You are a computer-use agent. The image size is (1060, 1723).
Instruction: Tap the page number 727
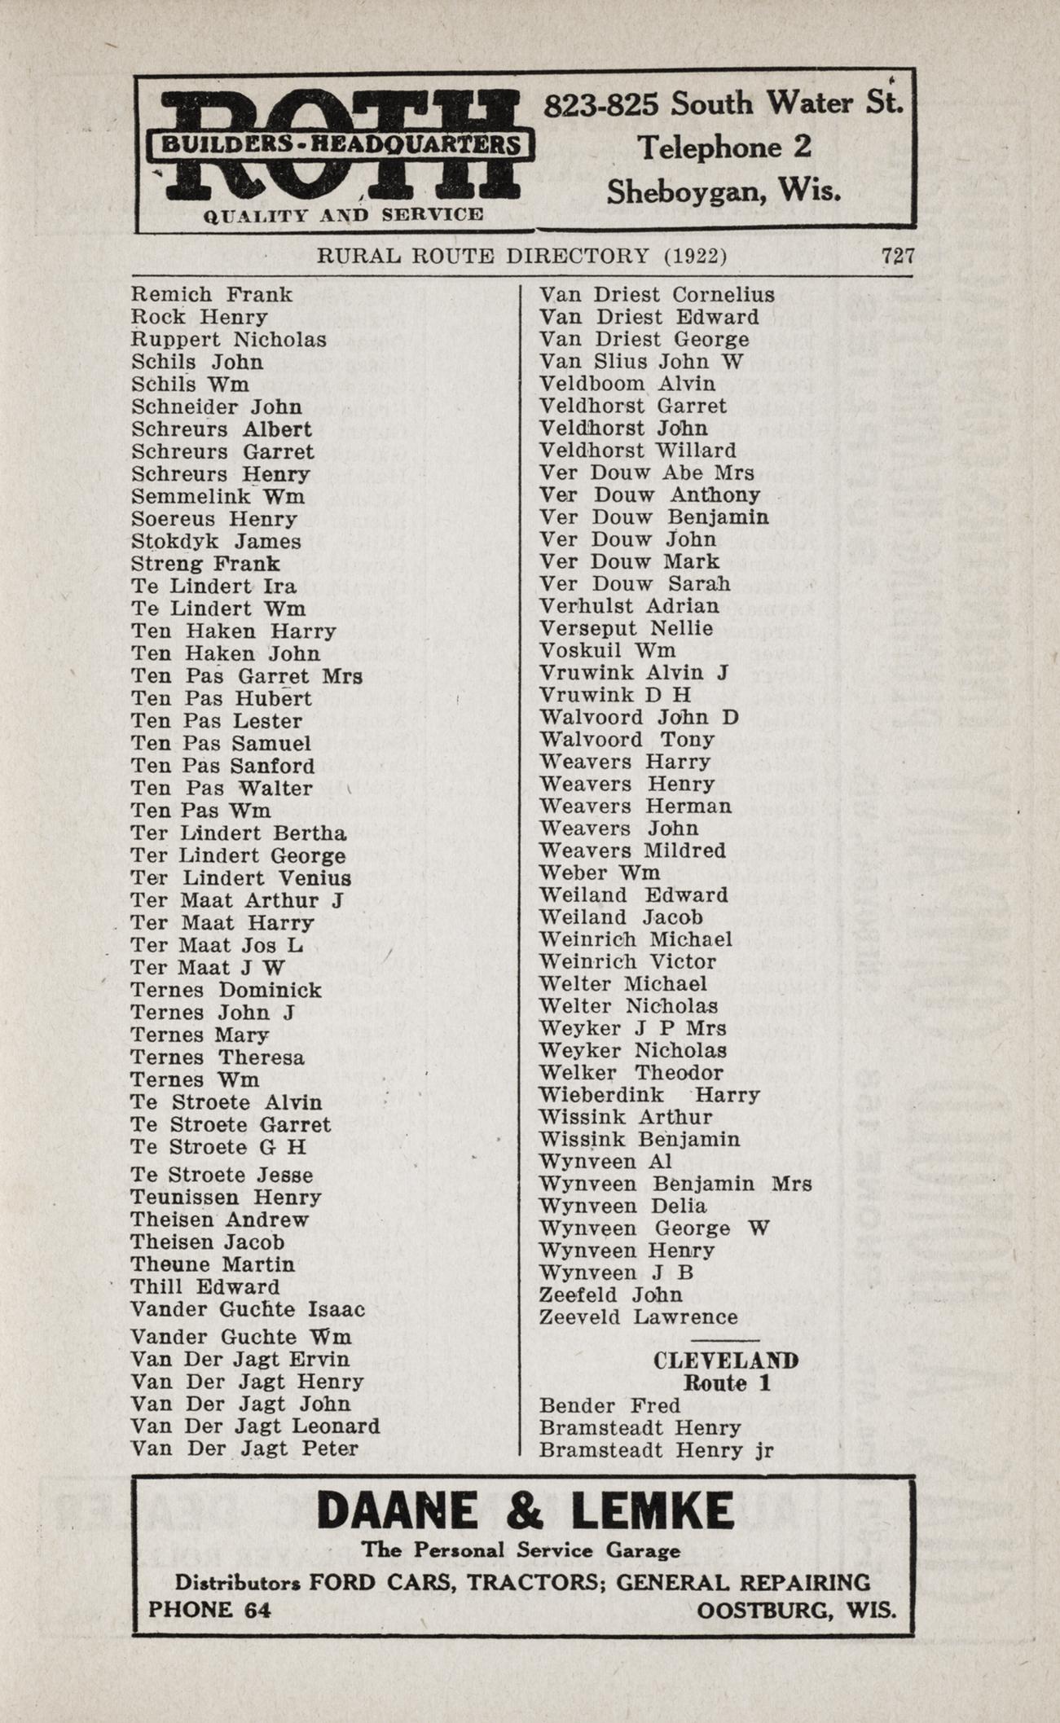(898, 256)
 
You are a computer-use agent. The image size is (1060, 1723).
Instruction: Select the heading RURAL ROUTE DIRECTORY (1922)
(521, 256)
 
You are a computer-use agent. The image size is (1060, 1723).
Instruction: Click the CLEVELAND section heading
(725, 1360)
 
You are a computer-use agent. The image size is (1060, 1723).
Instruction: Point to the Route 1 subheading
(727, 1382)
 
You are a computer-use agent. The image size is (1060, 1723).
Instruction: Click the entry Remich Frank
(212, 294)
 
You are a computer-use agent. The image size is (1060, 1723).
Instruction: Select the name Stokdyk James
(216, 541)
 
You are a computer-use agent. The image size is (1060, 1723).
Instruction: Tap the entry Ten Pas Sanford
(222, 766)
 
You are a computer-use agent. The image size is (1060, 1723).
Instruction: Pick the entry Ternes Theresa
(218, 1057)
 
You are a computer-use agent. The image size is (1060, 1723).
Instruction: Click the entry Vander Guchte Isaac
(248, 1309)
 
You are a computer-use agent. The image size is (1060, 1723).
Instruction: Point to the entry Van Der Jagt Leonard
(255, 1426)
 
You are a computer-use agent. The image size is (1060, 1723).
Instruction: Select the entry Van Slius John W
(642, 361)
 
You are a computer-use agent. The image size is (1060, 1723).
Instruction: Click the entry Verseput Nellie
(626, 628)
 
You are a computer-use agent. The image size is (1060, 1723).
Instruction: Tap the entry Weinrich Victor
(627, 961)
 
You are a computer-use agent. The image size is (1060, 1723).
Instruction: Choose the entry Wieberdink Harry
(649, 1095)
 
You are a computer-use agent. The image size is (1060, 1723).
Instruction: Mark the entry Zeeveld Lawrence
(639, 1316)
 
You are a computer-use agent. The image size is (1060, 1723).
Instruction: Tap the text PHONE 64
(209, 1609)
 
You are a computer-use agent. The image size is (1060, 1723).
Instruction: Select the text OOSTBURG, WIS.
(796, 1610)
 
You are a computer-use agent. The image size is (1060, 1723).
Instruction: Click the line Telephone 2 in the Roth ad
(724, 147)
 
